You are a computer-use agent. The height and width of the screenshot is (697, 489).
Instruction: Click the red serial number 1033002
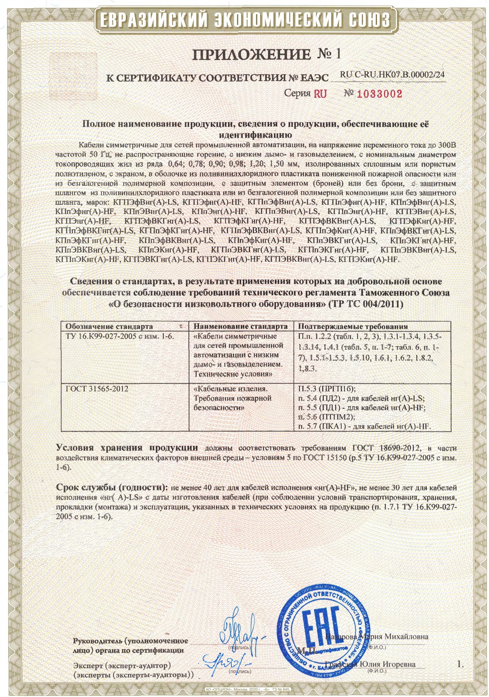tap(379, 94)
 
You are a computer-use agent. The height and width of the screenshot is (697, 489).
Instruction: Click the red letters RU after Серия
tap(320, 94)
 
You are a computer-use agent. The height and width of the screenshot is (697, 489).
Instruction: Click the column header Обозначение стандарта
tap(109, 326)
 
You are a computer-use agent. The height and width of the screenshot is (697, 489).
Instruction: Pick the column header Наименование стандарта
tap(241, 326)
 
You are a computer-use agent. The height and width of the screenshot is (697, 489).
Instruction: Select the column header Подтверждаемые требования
tap(352, 326)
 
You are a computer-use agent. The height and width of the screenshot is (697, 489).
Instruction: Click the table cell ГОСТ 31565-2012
tap(97, 389)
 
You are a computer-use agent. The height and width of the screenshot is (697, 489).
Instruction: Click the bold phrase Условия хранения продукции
tap(127, 448)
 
